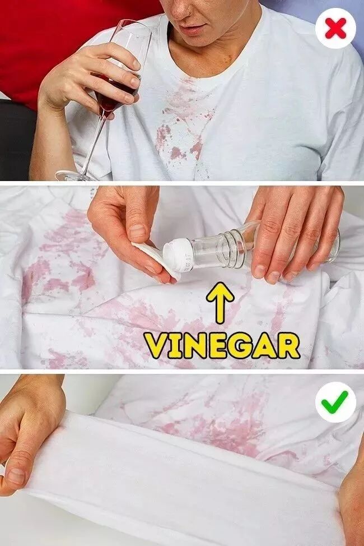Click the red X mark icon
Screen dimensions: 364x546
tap(335, 29)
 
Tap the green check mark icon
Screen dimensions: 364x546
tap(335, 402)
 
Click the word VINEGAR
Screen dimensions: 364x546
tap(222, 346)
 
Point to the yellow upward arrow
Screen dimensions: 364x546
tap(220, 302)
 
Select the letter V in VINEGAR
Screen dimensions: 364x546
tap(156, 346)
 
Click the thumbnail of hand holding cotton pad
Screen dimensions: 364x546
tap(138, 231)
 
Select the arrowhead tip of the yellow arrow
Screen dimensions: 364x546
tap(220, 283)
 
